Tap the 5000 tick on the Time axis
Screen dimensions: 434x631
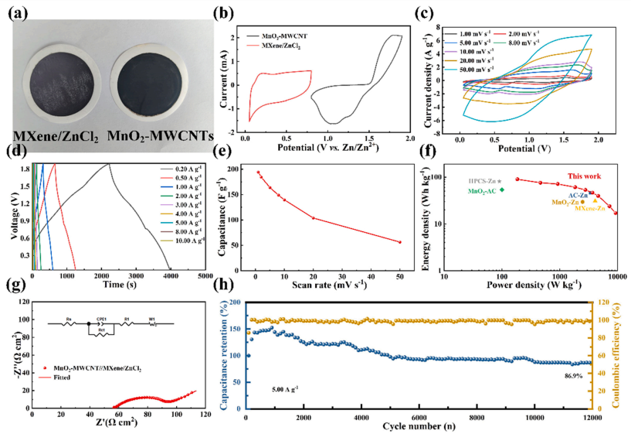tap(205, 275)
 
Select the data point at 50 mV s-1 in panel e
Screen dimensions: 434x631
tap(399, 242)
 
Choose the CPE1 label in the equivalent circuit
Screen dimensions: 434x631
tap(104, 317)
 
